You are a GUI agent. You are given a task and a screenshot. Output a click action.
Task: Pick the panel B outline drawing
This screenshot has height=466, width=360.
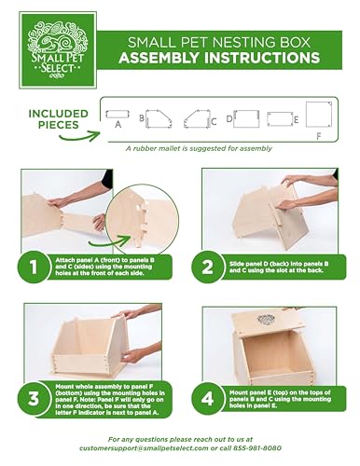click(159, 117)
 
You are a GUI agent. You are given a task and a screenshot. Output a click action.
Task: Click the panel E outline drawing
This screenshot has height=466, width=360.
click(279, 118)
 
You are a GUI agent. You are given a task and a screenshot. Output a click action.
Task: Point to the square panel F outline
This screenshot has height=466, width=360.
click(318, 116)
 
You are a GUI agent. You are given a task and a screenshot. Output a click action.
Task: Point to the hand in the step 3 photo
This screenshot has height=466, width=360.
click(131, 354)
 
